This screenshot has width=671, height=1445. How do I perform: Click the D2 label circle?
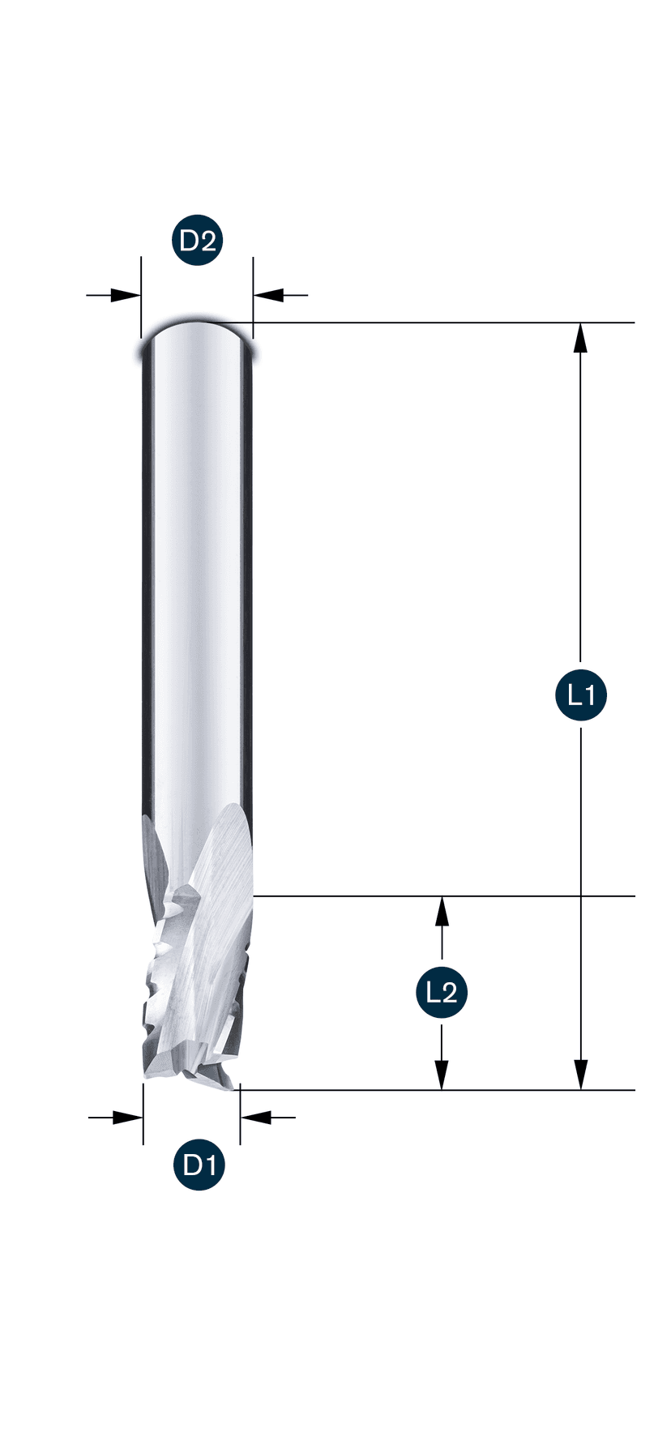pyautogui.click(x=198, y=241)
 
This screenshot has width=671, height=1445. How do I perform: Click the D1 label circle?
pyautogui.click(x=199, y=1165)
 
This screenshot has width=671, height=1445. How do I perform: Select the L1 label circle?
pyautogui.click(x=581, y=695)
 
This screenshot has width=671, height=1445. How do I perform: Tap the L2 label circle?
pyautogui.click(x=442, y=991)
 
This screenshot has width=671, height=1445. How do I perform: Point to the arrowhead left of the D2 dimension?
pyautogui.click(x=126, y=295)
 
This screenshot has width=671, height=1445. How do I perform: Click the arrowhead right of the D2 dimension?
pyautogui.click(x=268, y=295)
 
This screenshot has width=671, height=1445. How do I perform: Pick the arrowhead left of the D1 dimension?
pyautogui.click(x=127, y=1118)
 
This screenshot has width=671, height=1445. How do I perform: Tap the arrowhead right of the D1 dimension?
pyautogui.click(x=256, y=1118)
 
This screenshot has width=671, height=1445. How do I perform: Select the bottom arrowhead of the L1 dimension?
pyautogui.click(x=580, y=1075)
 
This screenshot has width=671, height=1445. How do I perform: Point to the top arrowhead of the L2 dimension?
pyautogui.click(x=442, y=911)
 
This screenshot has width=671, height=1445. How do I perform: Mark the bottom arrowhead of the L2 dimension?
pyautogui.click(x=442, y=1075)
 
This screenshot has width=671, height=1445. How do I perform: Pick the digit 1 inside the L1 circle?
pyautogui.click(x=590, y=695)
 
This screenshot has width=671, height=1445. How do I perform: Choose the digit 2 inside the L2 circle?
pyautogui.click(x=451, y=991)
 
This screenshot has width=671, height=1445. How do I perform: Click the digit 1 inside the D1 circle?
pyautogui.click(x=208, y=1165)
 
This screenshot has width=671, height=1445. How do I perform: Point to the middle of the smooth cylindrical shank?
pyautogui.click(x=197, y=567)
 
